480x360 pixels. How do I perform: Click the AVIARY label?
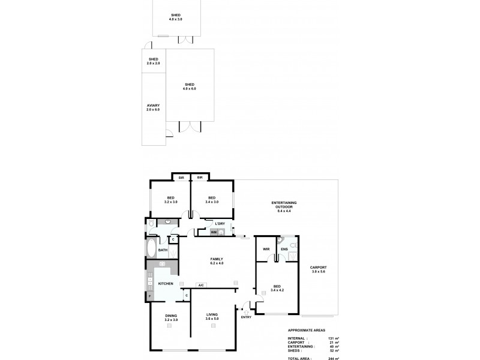(x=153, y=106)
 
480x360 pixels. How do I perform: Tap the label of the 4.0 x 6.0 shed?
(x=189, y=84)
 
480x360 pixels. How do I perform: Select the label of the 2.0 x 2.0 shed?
(x=153, y=59)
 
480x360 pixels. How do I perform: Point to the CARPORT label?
(x=318, y=267)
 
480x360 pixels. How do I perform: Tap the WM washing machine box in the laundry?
(x=213, y=232)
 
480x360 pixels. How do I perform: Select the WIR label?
(x=265, y=248)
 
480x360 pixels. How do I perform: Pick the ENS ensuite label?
(x=284, y=248)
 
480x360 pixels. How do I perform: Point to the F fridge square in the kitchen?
(x=149, y=296)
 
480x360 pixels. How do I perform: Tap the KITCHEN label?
(x=166, y=284)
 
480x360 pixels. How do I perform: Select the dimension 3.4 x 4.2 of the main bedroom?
(x=277, y=290)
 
